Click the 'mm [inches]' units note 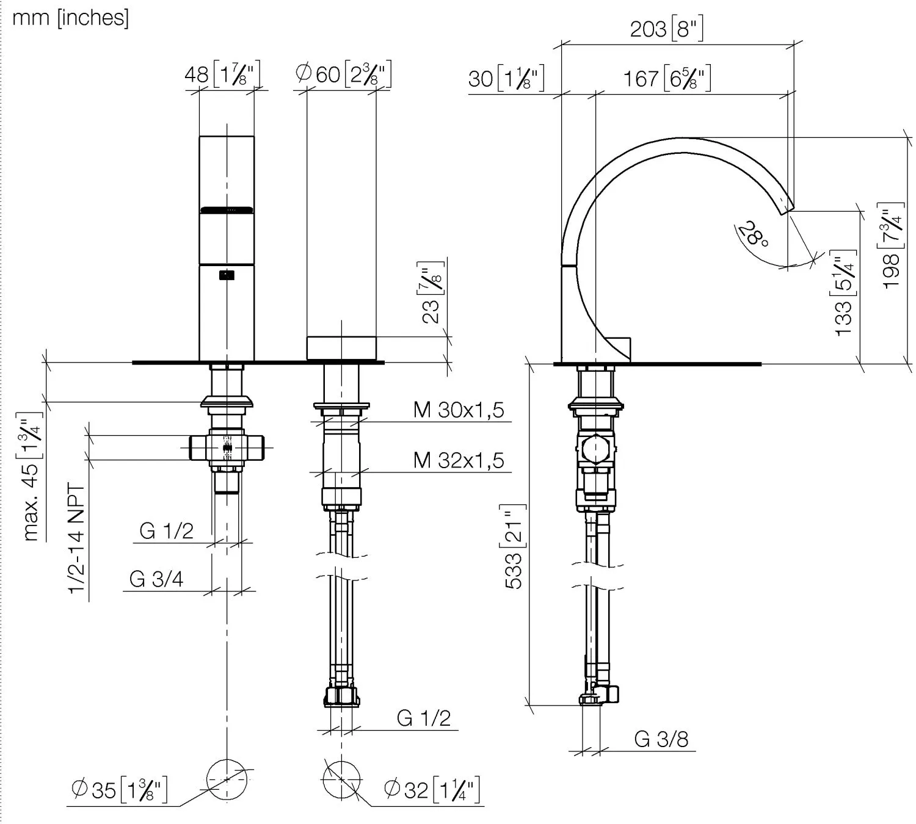[70, 18]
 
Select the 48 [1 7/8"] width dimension [222, 75]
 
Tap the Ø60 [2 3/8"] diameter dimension [343, 74]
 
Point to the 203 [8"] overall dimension [666, 29]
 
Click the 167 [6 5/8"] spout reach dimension [666, 79]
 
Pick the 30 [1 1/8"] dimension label [506, 79]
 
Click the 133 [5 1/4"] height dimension [845, 293]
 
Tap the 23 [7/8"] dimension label [431, 292]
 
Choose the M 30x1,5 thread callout [459, 410]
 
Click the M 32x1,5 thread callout [459, 460]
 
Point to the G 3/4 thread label [156, 579]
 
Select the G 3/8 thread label [661, 739]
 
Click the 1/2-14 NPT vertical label [77, 538]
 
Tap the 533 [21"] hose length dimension [514, 547]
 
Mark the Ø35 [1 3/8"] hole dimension [119, 789]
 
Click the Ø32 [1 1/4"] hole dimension [432, 789]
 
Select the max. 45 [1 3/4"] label [31, 477]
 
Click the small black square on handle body [227, 275]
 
